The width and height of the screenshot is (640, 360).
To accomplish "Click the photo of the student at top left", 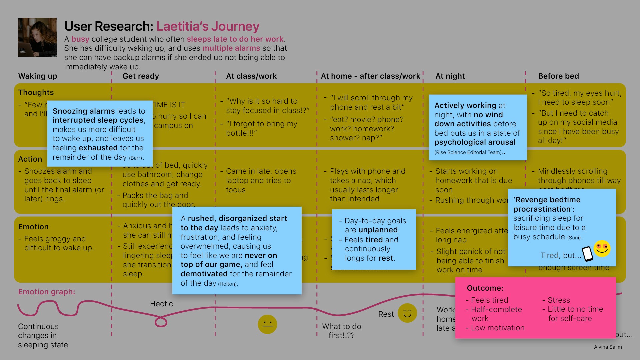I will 37,37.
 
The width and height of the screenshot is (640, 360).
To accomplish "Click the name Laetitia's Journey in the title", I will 208,26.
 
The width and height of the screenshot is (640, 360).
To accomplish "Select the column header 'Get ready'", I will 141,76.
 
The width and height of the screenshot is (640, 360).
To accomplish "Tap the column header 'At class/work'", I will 251,76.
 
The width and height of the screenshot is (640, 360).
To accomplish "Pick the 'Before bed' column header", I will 558,76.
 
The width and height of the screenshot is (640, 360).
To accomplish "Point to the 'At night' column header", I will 450,76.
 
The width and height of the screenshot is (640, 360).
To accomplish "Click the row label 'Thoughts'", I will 36,92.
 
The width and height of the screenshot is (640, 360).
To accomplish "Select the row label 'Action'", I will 30,159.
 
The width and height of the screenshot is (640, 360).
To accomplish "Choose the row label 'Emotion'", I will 33,227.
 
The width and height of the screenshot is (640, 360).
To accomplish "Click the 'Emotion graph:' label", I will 47,292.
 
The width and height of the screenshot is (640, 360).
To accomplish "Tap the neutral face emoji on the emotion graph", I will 267,324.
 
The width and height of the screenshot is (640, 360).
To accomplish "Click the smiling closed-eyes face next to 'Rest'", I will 407,313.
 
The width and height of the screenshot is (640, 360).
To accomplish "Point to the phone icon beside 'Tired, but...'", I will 587,254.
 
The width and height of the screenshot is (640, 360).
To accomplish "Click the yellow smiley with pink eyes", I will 602,248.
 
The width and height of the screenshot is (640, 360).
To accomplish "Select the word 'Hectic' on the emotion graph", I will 161,304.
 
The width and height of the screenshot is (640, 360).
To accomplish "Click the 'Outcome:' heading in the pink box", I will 485,288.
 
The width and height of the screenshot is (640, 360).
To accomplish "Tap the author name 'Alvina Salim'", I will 608,347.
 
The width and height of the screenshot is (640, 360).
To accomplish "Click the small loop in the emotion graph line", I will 161,322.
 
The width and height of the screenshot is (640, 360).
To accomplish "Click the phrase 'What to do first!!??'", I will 342,331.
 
